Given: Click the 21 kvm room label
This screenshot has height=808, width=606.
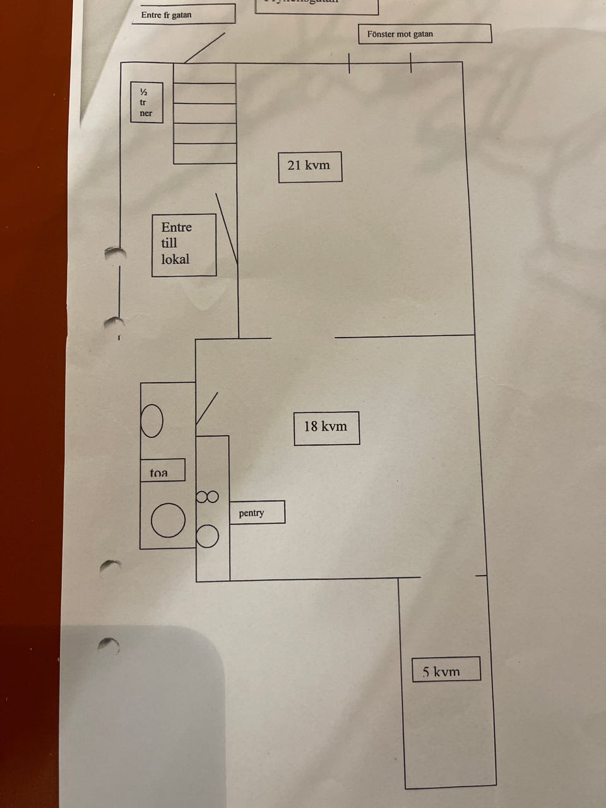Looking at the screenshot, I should coord(310,167).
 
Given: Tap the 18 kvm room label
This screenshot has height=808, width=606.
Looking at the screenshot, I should coord(326,427).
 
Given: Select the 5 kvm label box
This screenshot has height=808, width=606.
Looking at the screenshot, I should coord(446,669).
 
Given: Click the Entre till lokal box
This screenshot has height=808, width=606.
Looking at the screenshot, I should coord(184,244).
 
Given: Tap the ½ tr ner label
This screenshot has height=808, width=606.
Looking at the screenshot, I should coord(146,102).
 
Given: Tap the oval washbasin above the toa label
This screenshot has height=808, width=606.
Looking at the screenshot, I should coord(152,420).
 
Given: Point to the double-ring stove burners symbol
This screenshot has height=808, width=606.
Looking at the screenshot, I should coord(207,497).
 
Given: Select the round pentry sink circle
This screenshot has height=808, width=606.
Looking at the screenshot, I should coord(208,536).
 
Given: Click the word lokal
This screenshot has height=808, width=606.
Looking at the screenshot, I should coord(175,259).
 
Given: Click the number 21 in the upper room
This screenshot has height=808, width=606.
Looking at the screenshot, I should coord(294,165).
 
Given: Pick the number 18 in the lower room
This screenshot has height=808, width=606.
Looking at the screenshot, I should coord(311,427).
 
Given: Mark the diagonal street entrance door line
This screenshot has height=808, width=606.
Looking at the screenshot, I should coord(205,48).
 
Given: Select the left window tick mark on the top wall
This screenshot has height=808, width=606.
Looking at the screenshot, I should coord(349,62).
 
